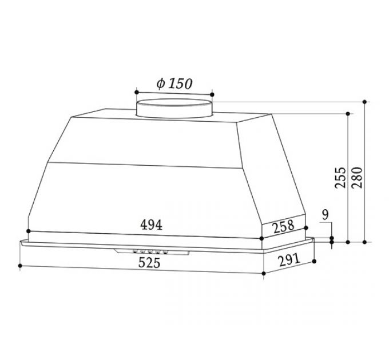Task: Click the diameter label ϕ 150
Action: tap(174, 83)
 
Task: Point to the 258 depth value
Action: tap(283, 227)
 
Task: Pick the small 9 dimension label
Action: tap(325, 215)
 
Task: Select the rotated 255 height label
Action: tap(340, 178)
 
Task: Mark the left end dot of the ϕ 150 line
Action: tap(136, 91)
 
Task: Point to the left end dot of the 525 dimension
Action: tap(21, 266)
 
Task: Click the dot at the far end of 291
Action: tap(315, 262)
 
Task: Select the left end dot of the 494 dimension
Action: tap(26, 229)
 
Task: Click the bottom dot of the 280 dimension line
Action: tap(365, 242)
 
